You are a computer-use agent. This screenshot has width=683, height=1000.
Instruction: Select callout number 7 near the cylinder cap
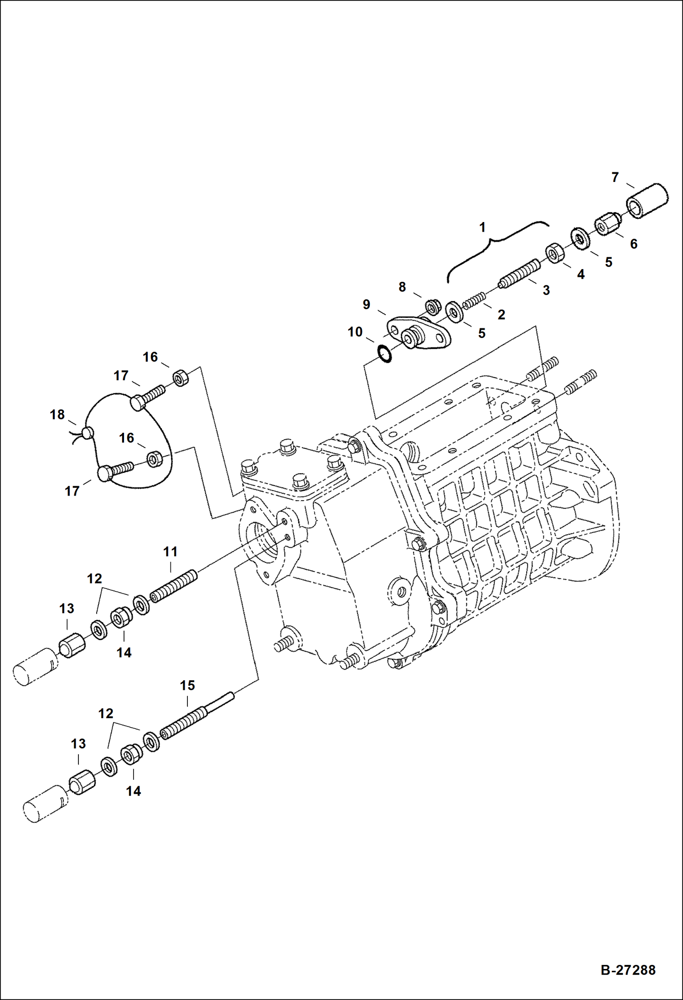coord(615,177)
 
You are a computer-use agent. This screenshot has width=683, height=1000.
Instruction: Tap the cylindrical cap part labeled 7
coord(647,202)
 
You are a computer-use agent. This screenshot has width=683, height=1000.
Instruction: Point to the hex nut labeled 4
coord(554,253)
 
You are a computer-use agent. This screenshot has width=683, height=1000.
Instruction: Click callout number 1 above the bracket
coord(482,227)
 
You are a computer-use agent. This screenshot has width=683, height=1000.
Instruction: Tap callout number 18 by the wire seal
coord(57,415)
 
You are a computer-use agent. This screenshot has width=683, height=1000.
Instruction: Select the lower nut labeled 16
coord(155,459)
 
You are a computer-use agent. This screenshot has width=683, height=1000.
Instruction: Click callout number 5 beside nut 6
coord(608,262)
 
